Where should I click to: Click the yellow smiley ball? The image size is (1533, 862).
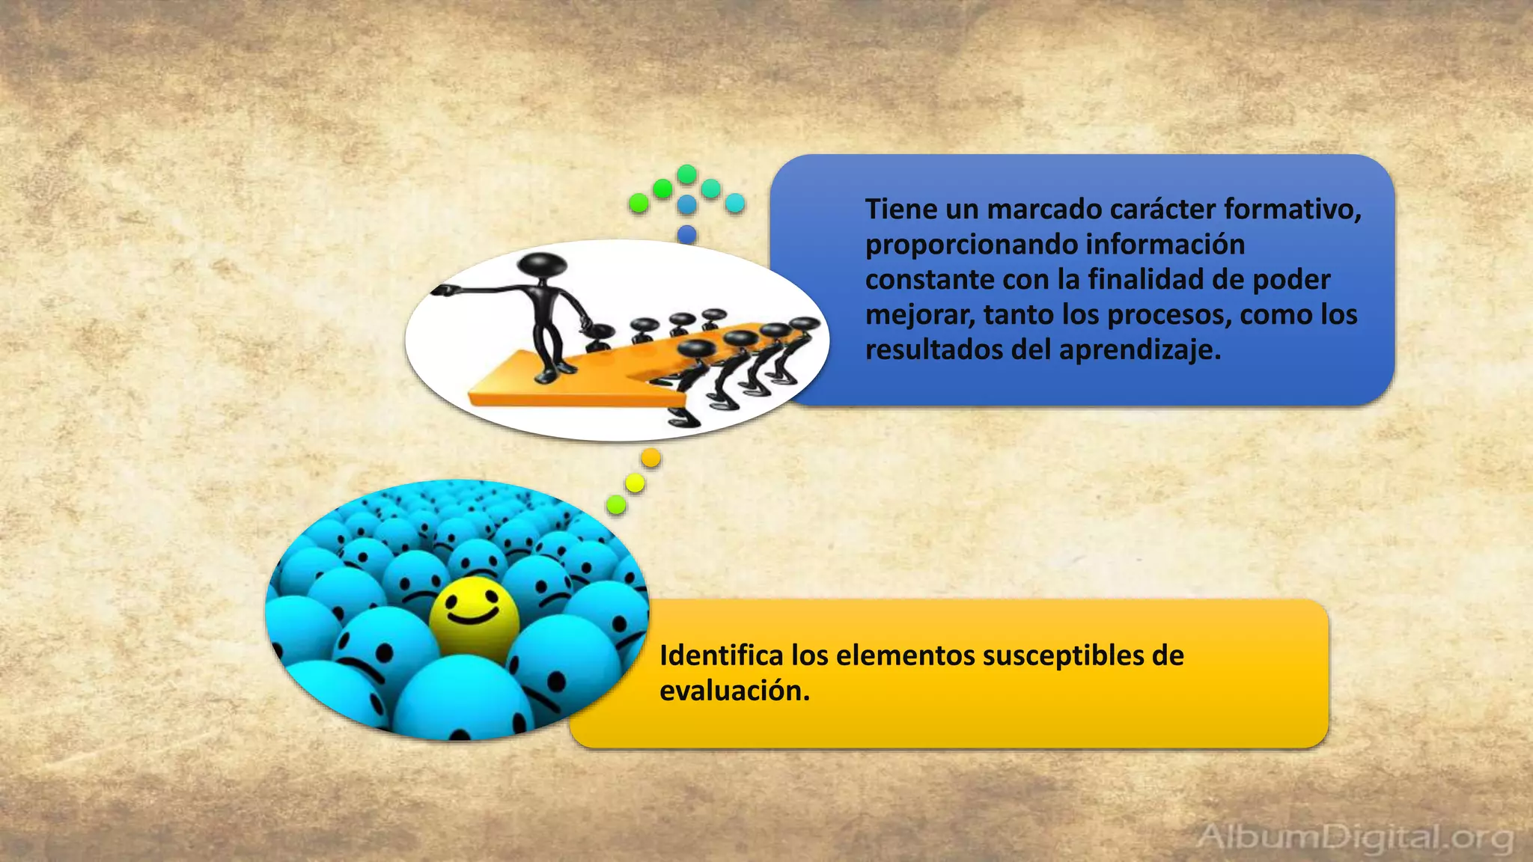pyautogui.click(x=474, y=618)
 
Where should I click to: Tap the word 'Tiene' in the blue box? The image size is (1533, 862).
pyautogui.click(x=900, y=209)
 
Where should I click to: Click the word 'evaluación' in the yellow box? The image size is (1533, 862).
pyautogui.click(x=733, y=691)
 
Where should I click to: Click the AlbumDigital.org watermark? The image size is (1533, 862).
pyautogui.click(x=1354, y=837)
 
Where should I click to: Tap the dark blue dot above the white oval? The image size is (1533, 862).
pyautogui.click(x=687, y=235)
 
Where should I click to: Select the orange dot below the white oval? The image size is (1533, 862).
pyautogui.click(x=651, y=458)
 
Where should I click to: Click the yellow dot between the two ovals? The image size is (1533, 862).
pyautogui.click(x=635, y=483)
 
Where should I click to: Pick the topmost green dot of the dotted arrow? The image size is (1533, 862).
pyautogui.click(x=687, y=174)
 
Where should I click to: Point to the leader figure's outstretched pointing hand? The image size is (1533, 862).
pyautogui.click(x=442, y=290)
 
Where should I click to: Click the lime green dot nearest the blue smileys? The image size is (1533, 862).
pyautogui.click(x=616, y=505)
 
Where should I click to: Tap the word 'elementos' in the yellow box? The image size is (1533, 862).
pyautogui.click(x=905, y=655)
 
